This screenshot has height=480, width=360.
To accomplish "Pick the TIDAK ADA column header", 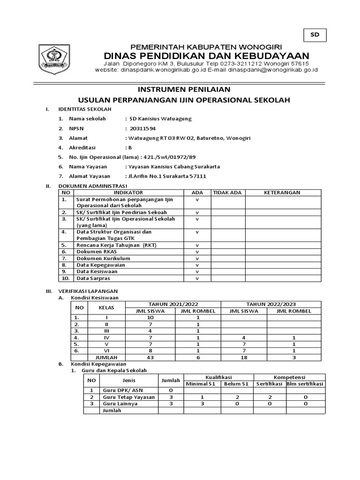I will [x=227, y=192].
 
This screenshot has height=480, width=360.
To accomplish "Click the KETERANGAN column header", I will [x=282, y=192].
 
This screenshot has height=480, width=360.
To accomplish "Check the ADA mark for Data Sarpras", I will [x=197, y=278].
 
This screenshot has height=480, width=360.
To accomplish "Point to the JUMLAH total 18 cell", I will [x=244, y=357].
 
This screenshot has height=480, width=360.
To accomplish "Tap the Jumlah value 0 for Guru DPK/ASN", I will [x=171, y=390].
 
